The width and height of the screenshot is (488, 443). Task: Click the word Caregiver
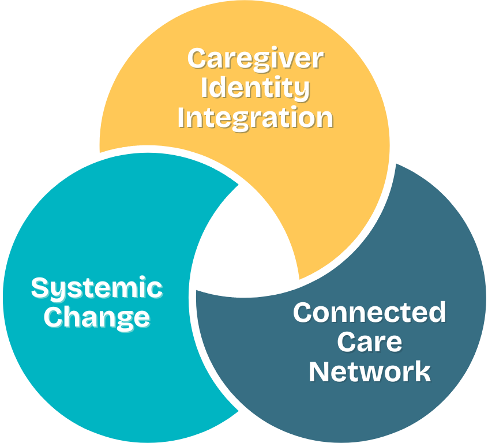(256, 58)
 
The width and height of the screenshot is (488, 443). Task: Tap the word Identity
(256, 88)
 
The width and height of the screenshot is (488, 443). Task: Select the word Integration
(256, 117)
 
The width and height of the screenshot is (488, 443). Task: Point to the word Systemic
(96, 288)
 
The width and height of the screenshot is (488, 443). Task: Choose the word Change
(97, 317)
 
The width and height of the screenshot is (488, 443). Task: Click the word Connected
(369, 313)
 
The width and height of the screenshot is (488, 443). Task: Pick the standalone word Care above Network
(369, 341)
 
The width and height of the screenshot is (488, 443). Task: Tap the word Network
(369, 371)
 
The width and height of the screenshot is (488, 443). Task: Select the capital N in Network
(319, 371)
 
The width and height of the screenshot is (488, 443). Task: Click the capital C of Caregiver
(197, 58)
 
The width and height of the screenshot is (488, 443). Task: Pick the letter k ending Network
(423, 371)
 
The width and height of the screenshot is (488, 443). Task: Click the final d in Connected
(437, 312)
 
